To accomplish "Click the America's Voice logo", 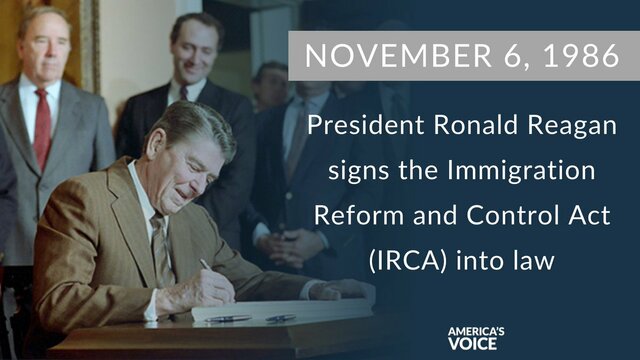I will pyautogui.click(x=476, y=332).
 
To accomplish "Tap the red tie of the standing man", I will pyautogui.click(x=42, y=125).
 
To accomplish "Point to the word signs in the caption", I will pyautogui.click(x=357, y=171).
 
